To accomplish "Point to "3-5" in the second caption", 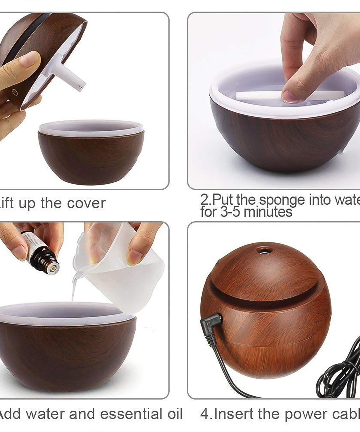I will pyautogui.click(x=231, y=212).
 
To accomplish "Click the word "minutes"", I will pyautogui.click(x=268, y=212).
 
